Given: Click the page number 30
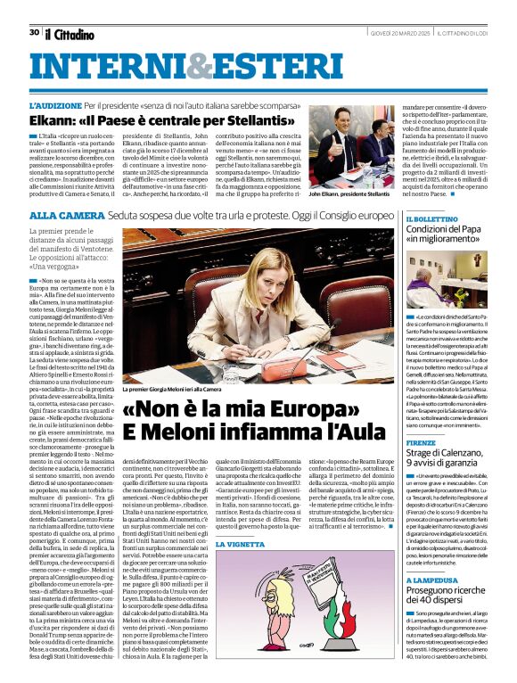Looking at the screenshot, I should [34, 32].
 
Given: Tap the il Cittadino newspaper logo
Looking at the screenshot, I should [70, 34].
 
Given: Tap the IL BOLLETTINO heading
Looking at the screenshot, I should [432, 218].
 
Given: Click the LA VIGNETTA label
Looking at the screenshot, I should [238, 543].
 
